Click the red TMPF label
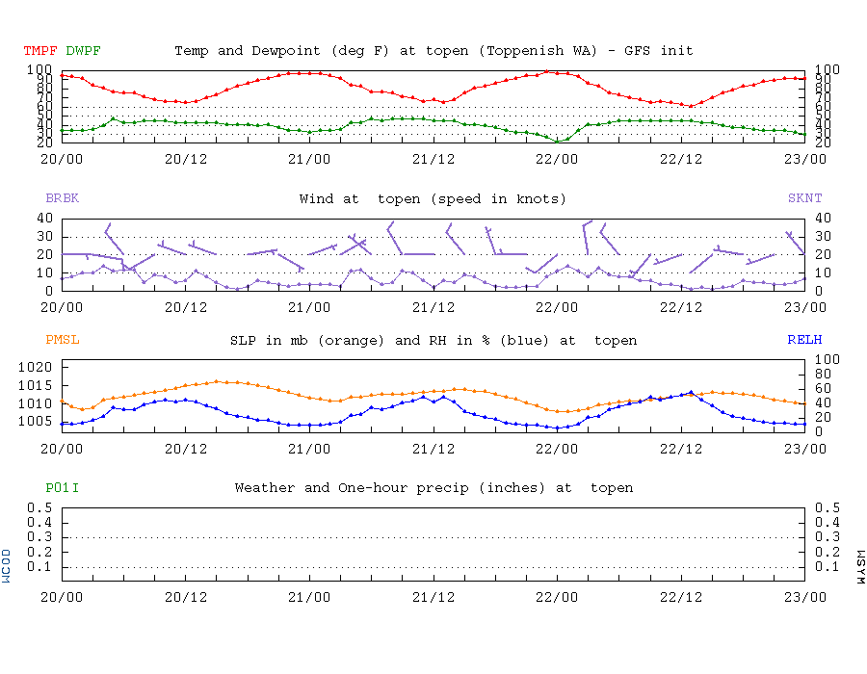[x=41, y=50]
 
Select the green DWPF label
[x=84, y=50]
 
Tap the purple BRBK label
[x=63, y=198]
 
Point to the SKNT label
[x=804, y=198]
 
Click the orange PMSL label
[x=63, y=340]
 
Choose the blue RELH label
[x=804, y=340]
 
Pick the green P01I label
[x=63, y=487]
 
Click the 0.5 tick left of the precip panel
[x=39, y=507]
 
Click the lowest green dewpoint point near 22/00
[x=558, y=142]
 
